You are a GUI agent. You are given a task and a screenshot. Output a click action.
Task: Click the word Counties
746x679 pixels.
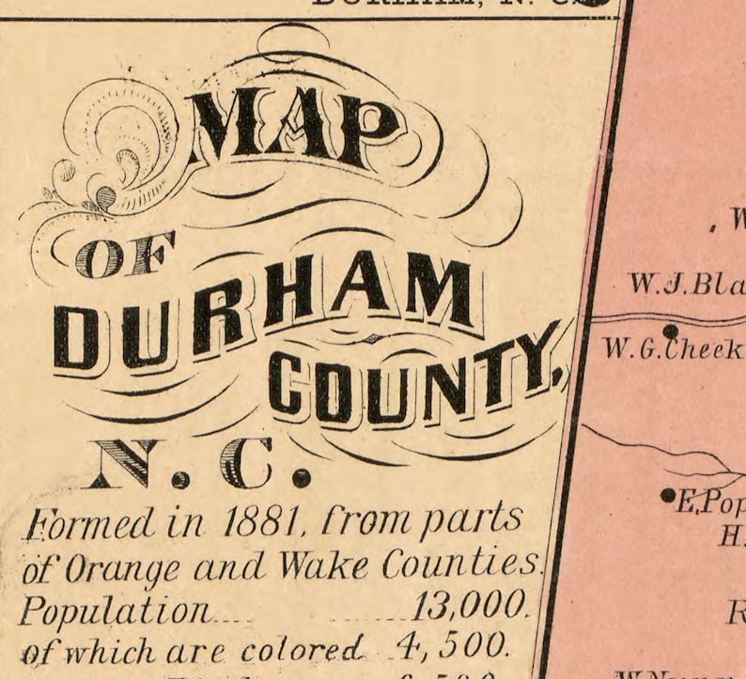pos(461,565)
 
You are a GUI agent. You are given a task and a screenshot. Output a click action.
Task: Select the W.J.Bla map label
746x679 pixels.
pos(686,284)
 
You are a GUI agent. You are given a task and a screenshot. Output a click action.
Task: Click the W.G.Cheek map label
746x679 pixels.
pos(673,350)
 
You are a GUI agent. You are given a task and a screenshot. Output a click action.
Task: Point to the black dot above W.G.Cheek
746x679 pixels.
pos(670,331)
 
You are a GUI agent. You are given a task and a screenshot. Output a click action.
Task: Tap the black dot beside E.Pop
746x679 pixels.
pos(668,495)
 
